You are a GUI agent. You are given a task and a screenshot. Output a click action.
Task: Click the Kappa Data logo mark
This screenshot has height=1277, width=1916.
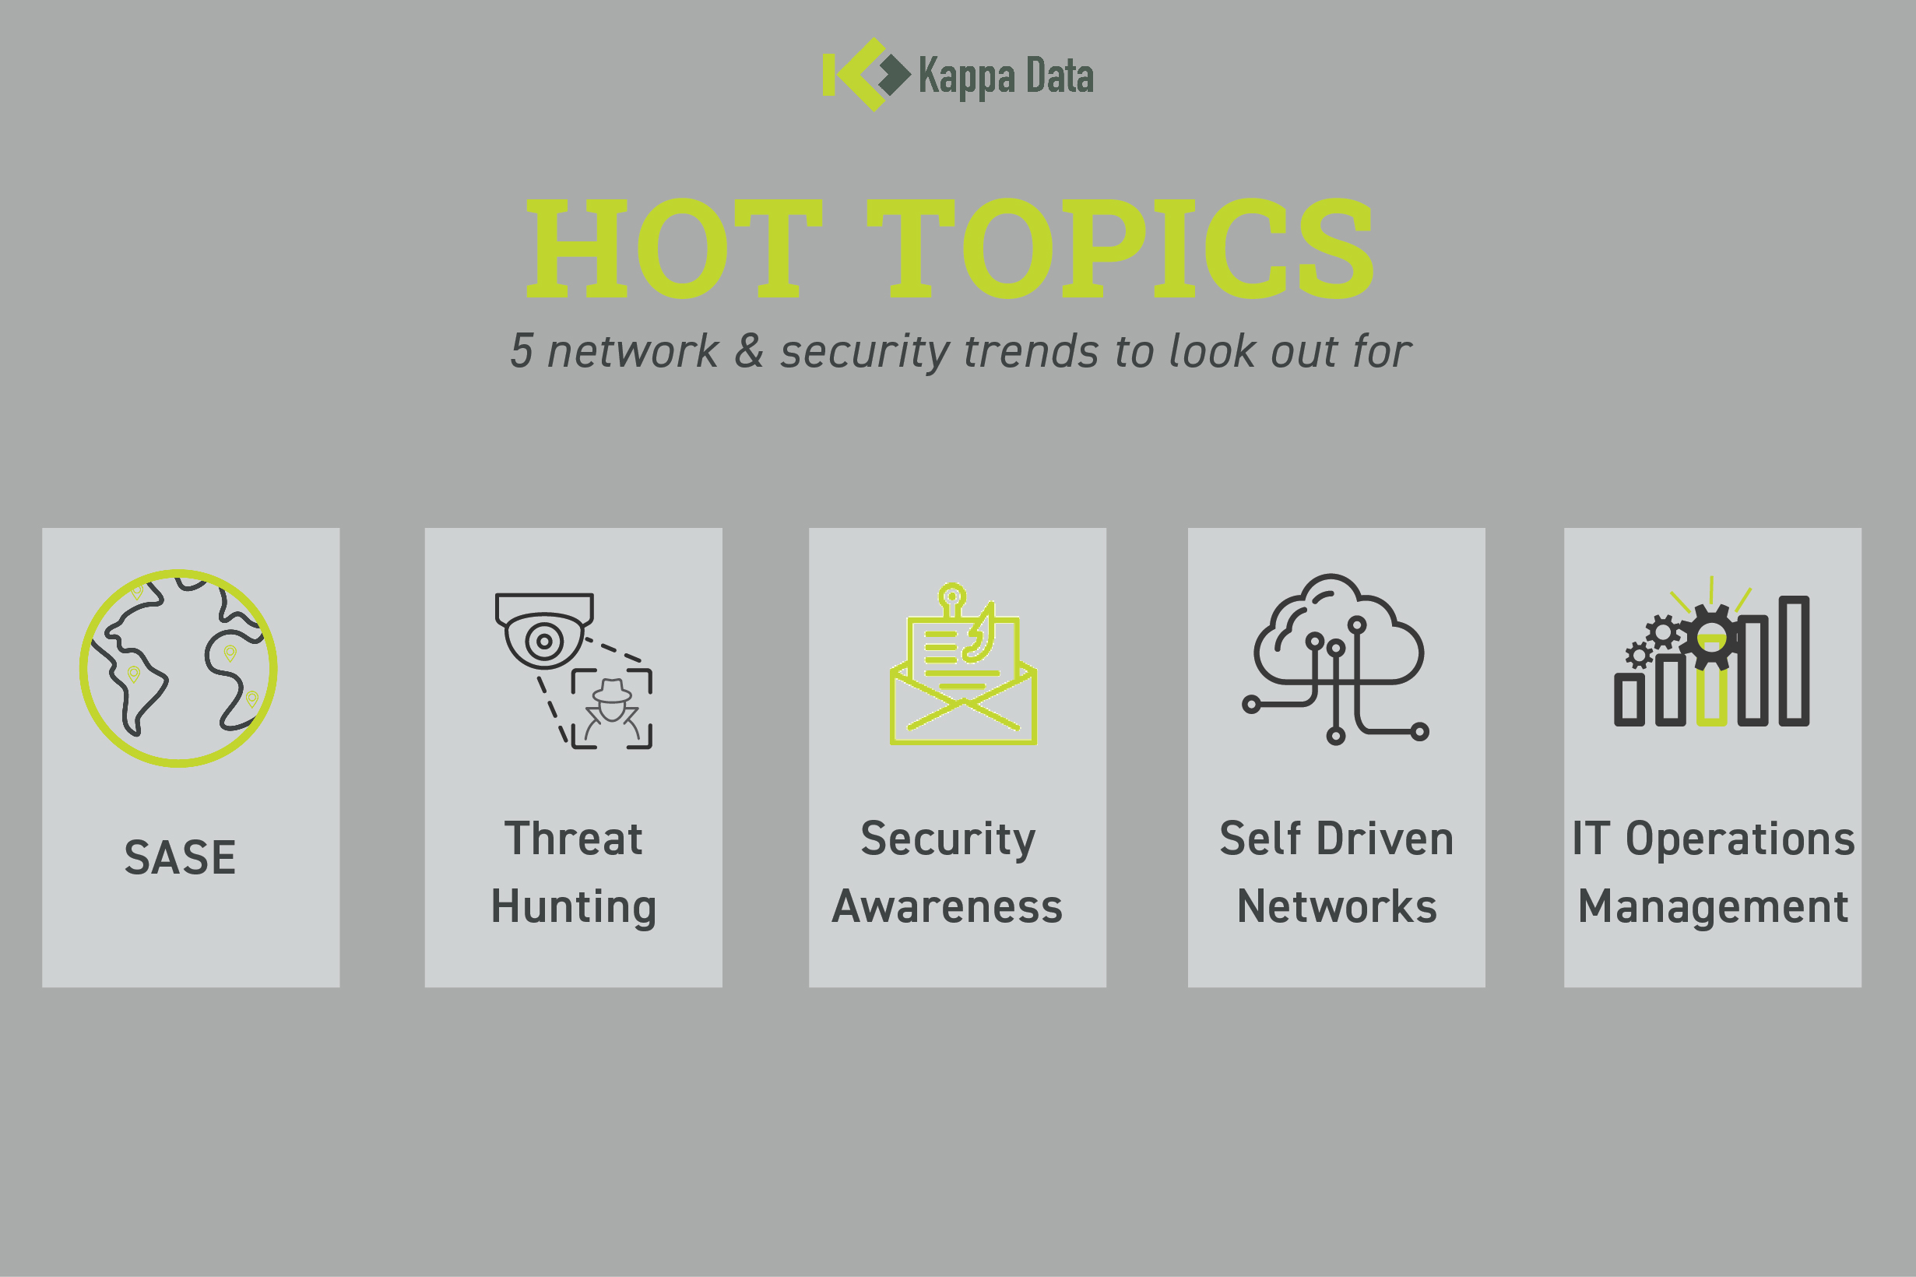tap(867, 74)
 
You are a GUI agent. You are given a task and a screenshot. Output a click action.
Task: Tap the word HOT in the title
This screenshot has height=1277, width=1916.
tap(675, 248)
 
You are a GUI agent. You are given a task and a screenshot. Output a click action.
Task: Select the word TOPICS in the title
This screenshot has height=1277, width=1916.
tap(1120, 248)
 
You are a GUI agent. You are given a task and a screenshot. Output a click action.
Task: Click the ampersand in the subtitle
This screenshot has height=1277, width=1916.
tap(749, 351)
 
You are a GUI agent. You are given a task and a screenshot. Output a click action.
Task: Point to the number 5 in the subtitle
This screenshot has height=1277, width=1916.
tap(522, 351)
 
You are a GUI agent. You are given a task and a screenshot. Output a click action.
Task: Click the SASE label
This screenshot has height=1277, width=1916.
tap(180, 857)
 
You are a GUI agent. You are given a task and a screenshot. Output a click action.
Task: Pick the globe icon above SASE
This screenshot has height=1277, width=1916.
tap(178, 668)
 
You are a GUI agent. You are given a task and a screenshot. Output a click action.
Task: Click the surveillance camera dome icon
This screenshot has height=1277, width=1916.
tap(544, 631)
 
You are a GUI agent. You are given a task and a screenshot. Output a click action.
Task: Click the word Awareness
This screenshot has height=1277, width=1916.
tap(947, 906)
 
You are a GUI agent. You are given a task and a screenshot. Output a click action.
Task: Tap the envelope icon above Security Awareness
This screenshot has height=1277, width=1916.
tap(963, 663)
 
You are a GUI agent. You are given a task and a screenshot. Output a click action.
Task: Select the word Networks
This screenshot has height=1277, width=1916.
tap(1337, 906)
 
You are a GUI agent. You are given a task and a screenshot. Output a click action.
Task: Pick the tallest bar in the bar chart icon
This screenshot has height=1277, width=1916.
tap(1794, 660)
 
